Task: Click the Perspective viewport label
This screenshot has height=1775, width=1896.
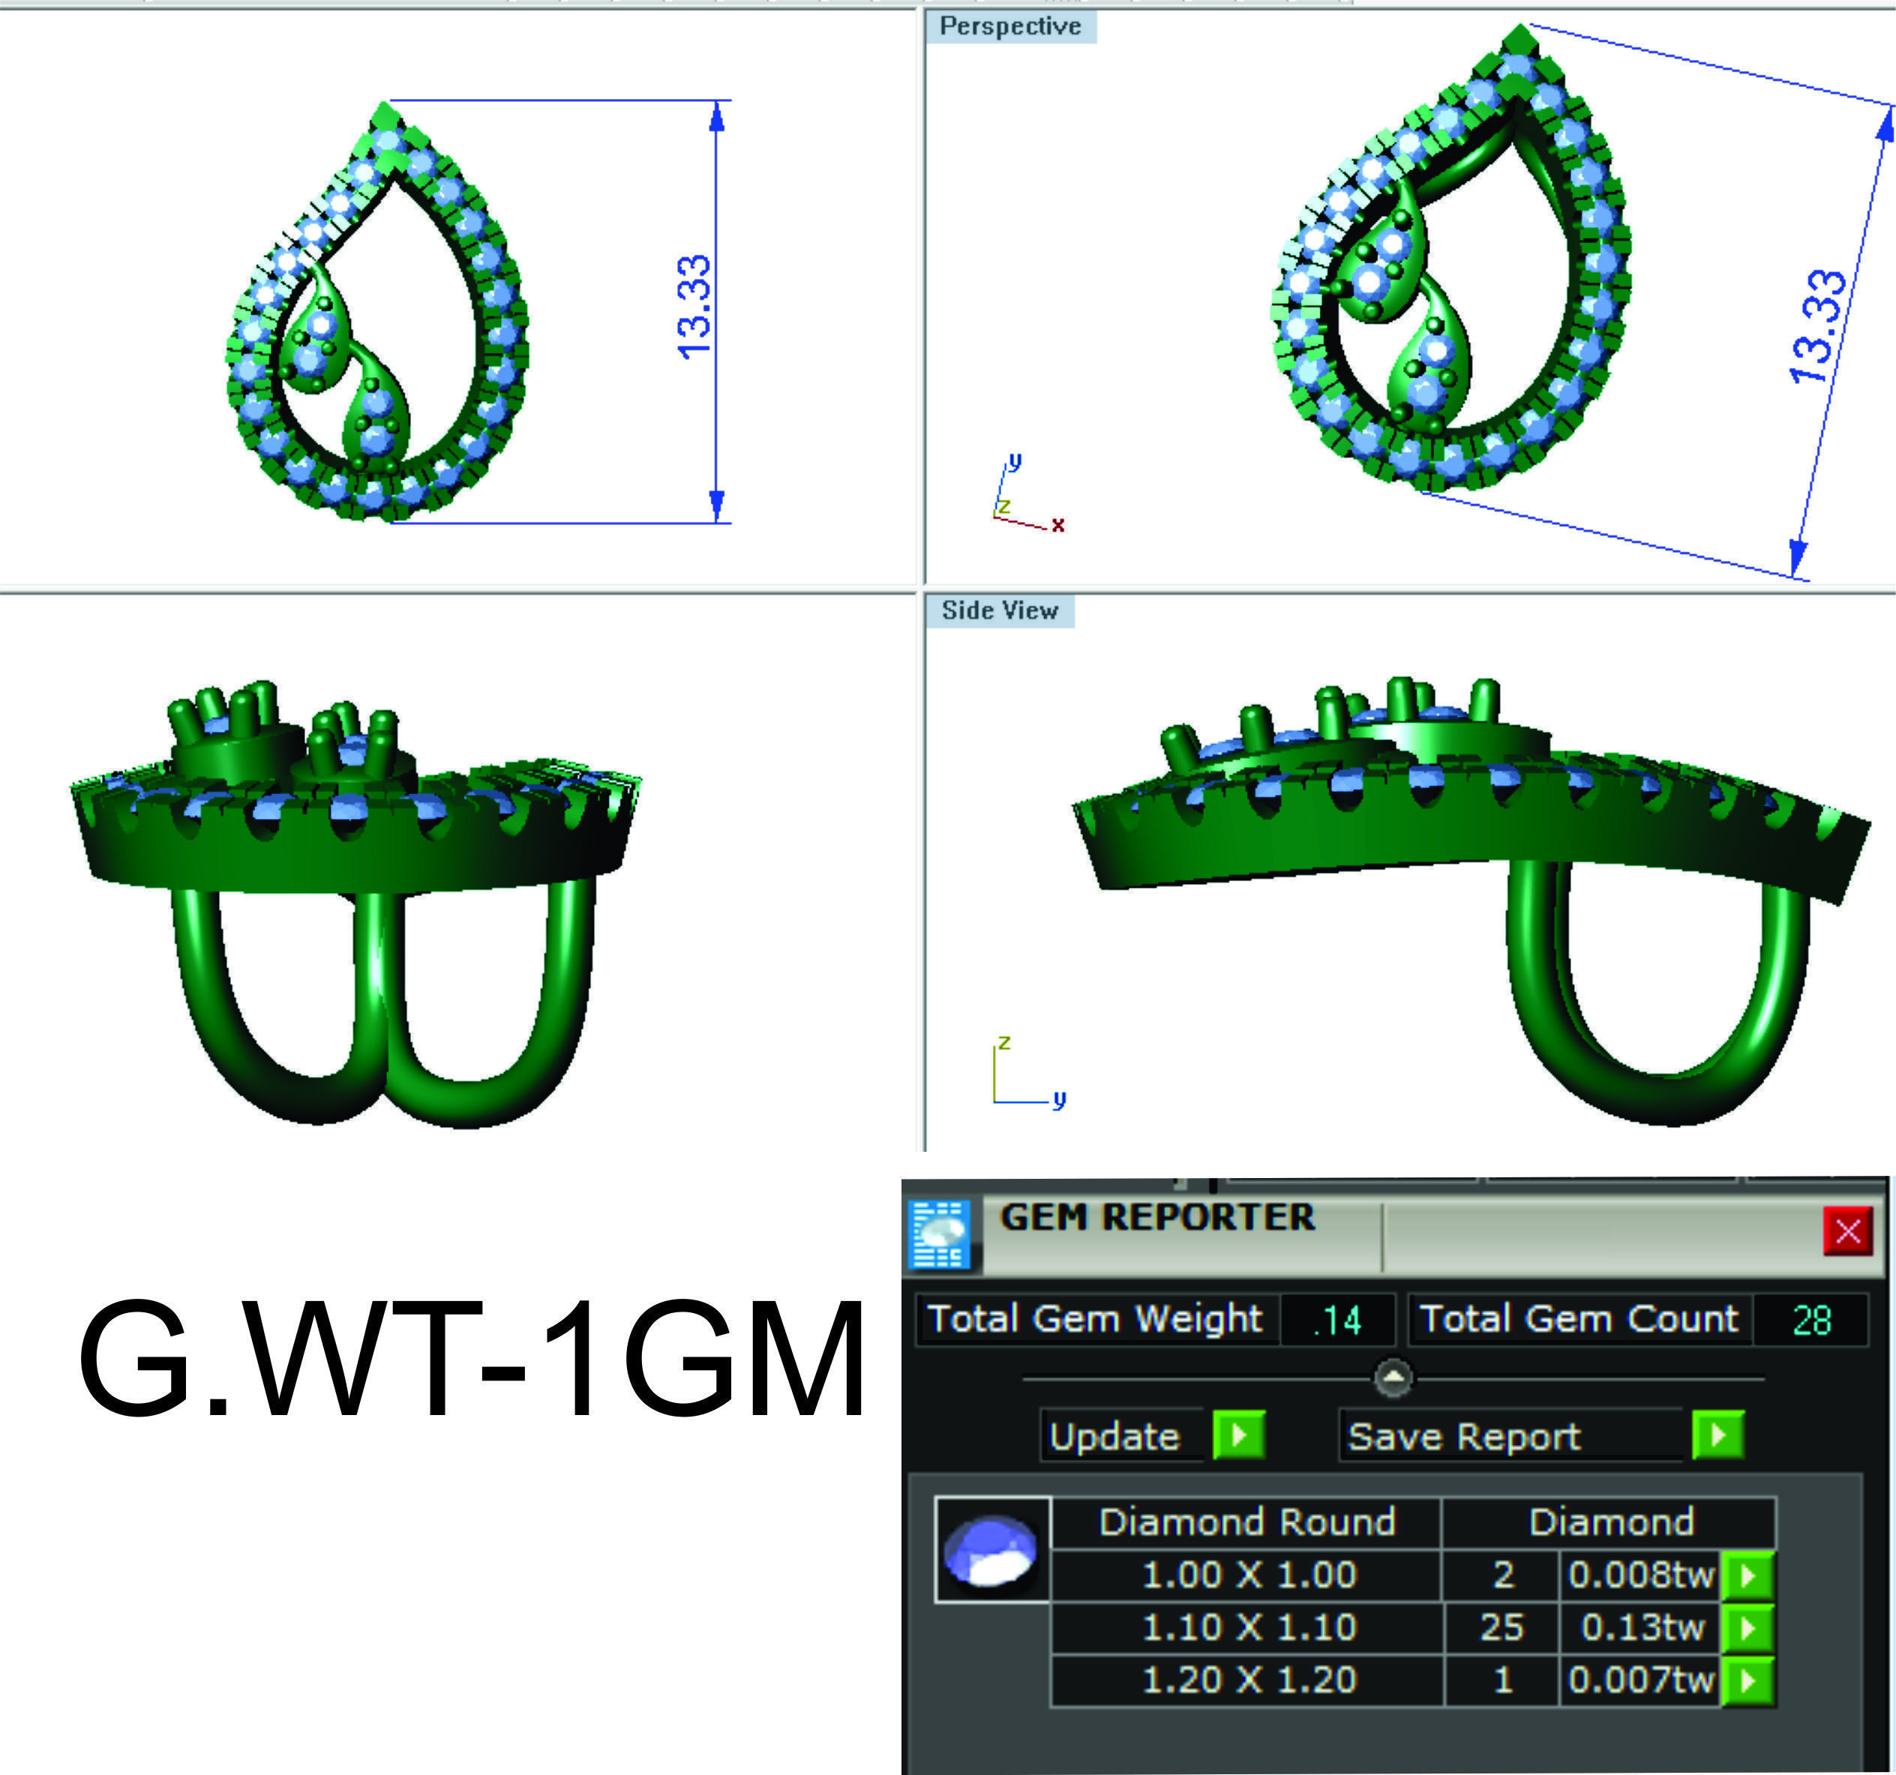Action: pyautogui.click(x=1010, y=27)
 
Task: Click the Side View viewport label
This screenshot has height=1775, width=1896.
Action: pyautogui.click(x=1000, y=610)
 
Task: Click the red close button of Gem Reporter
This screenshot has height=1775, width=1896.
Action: pyautogui.click(x=1847, y=1231)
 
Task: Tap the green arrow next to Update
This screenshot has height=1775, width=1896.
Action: pyautogui.click(x=1238, y=1435)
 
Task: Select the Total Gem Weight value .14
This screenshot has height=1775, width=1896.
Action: pyautogui.click(x=1337, y=1320)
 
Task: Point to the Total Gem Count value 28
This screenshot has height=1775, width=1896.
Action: pyautogui.click(x=1811, y=1320)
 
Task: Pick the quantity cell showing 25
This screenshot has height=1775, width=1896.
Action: pyautogui.click(x=1501, y=1627)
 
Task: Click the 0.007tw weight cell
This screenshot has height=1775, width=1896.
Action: pyautogui.click(x=1640, y=1679)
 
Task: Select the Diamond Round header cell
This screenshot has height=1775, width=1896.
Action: pyautogui.click(x=1246, y=1522)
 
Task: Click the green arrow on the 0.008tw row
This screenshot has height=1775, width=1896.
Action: pyautogui.click(x=1747, y=1575)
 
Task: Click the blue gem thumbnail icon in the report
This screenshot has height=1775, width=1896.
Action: pyautogui.click(x=991, y=1550)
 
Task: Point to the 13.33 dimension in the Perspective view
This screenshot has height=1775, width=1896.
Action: pyautogui.click(x=1818, y=326)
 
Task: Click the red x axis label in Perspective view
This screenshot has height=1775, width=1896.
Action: pyautogui.click(x=1057, y=525)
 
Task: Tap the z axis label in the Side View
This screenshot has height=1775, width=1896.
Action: pyautogui.click(x=1004, y=1042)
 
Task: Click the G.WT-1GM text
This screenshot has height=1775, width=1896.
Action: pyautogui.click(x=470, y=1360)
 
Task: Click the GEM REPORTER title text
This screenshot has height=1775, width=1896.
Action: pyautogui.click(x=1156, y=1217)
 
